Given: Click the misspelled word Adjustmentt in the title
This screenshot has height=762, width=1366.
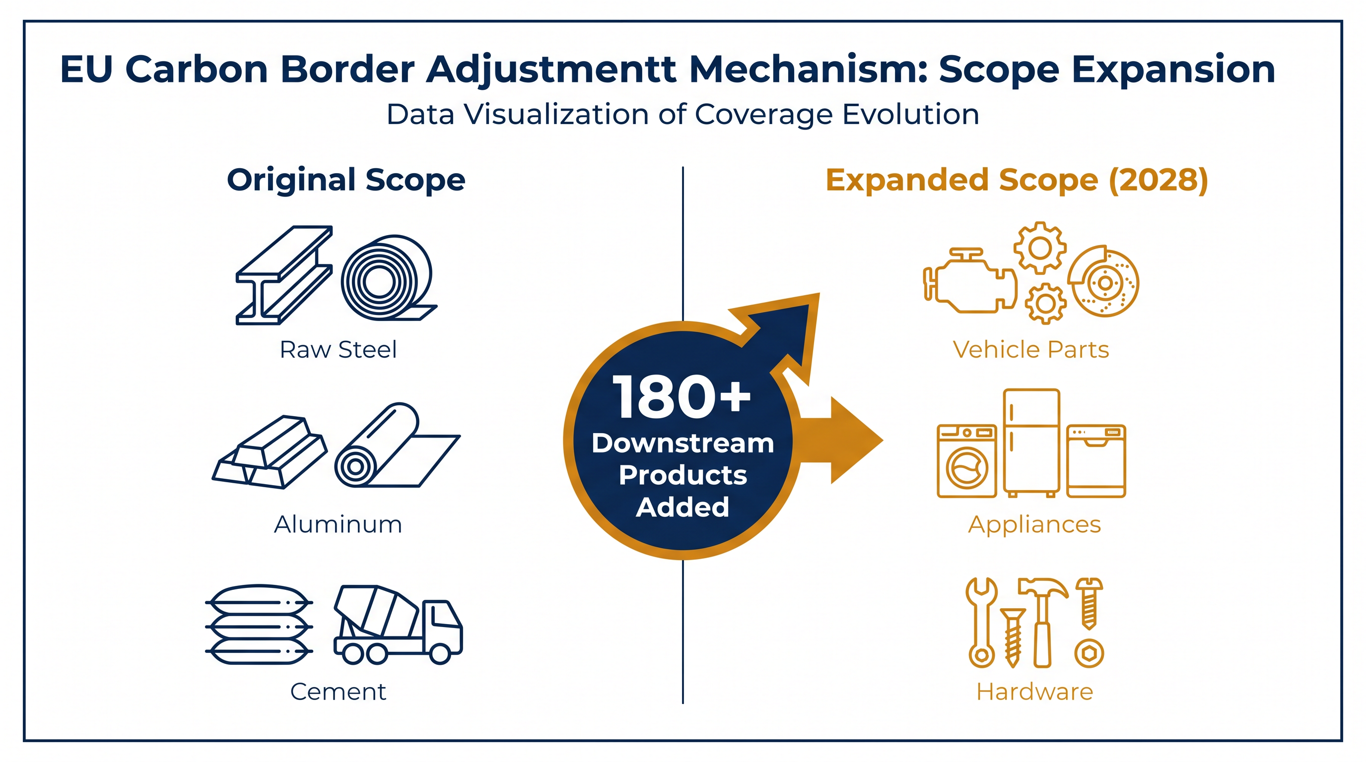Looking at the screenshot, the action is coord(552,70).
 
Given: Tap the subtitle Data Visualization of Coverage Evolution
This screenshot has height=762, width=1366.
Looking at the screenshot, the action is coord(683,115).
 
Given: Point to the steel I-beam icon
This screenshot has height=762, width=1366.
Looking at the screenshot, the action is coord(284,275).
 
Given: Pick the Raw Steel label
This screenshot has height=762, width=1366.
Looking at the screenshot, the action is coord(339,350).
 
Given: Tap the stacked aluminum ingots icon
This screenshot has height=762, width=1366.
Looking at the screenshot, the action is coord(270,452).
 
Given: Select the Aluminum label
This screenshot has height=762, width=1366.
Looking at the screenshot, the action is coord(339,524).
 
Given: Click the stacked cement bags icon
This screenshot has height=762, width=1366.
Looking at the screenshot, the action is coord(259,625).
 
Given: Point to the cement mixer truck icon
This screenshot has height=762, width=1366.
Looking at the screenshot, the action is coord(398,625).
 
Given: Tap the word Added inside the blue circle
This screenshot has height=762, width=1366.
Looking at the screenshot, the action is coord(683,507).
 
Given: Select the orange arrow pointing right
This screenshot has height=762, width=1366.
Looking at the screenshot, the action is coord(840,440).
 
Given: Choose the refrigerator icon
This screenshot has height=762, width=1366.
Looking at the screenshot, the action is coord(1031,443).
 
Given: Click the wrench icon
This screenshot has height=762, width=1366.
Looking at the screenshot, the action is coord(981,623).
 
